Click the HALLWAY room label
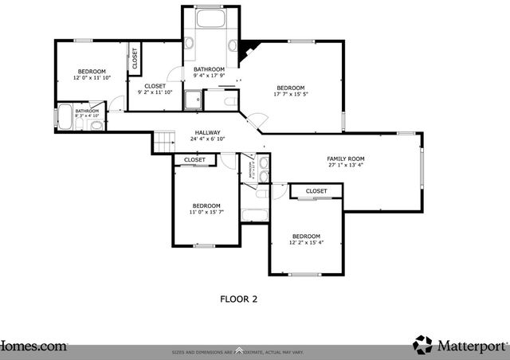[x=207, y=133]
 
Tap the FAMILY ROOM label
[x=345, y=158]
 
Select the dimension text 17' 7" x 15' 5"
[x=290, y=96]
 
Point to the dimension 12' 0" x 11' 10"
[x=92, y=78]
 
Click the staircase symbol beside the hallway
[x=163, y=141]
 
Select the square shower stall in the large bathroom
[x=193, y=100]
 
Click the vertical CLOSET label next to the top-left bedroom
[x=134, y=58]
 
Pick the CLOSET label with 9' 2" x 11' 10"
[x=155, y=93]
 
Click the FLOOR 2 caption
[x=238, y=299]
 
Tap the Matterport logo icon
[x=422, y=345]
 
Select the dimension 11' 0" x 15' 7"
[x=206, y=213]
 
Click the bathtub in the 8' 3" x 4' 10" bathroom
[x=64, y=116]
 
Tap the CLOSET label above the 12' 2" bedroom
[x=316, y=191]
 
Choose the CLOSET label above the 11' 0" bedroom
[x=194, y=160]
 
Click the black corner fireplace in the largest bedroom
[x=248, y=49]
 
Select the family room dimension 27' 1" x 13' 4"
[x=345, y=166]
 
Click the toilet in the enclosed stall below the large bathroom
[x=229, y=101]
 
